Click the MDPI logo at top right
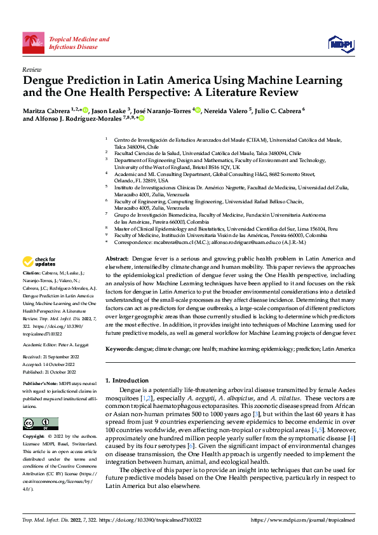coord(341,43)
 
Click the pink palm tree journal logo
coord(34,43)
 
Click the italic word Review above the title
coord(32,69)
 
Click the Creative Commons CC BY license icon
coord(41,423)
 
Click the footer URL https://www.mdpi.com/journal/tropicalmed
coord(303,520)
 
